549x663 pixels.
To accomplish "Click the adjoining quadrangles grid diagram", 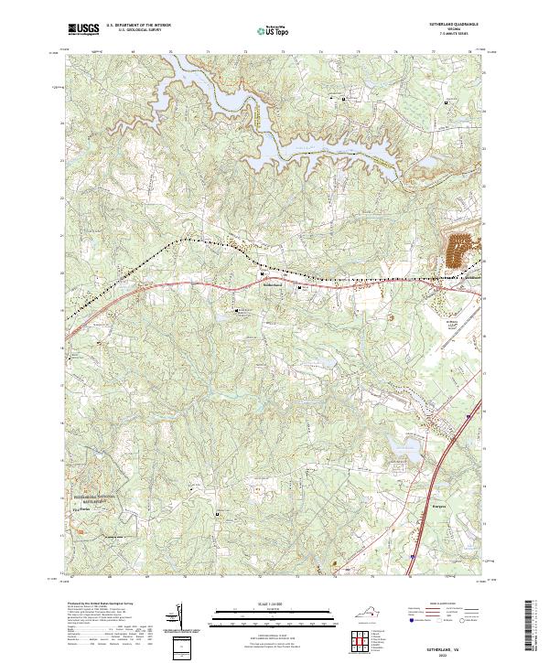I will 358,639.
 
